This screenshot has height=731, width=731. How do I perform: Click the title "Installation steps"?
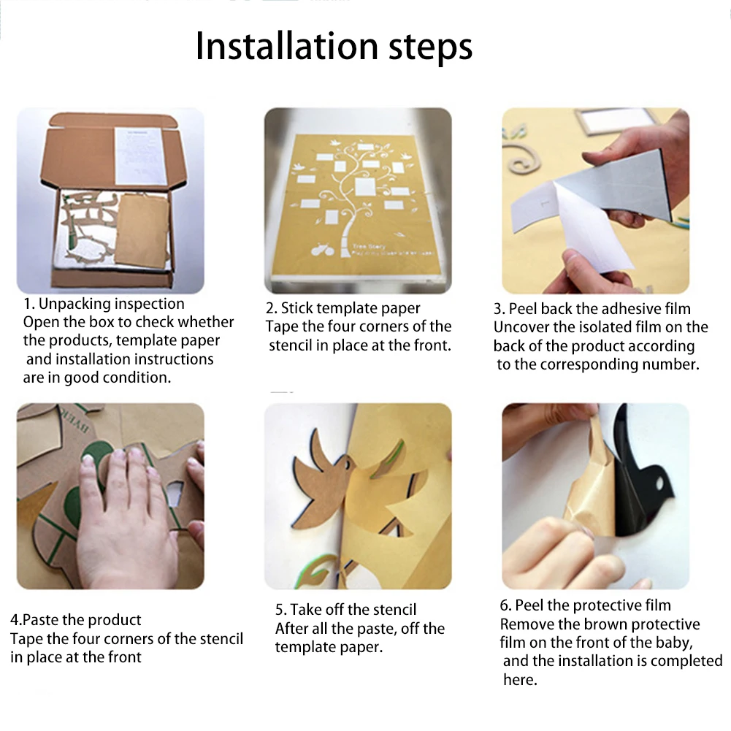coord(334,47)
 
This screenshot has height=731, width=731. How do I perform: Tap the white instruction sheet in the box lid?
coord(140,156)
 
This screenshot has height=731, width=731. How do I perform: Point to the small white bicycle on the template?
coord(323,250)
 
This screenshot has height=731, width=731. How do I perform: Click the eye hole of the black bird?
coord(659,483)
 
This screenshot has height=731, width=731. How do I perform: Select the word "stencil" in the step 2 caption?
coord(293,345)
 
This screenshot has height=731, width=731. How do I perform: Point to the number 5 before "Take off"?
coord(279,610)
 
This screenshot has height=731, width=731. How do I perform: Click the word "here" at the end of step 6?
coord(519,680)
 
